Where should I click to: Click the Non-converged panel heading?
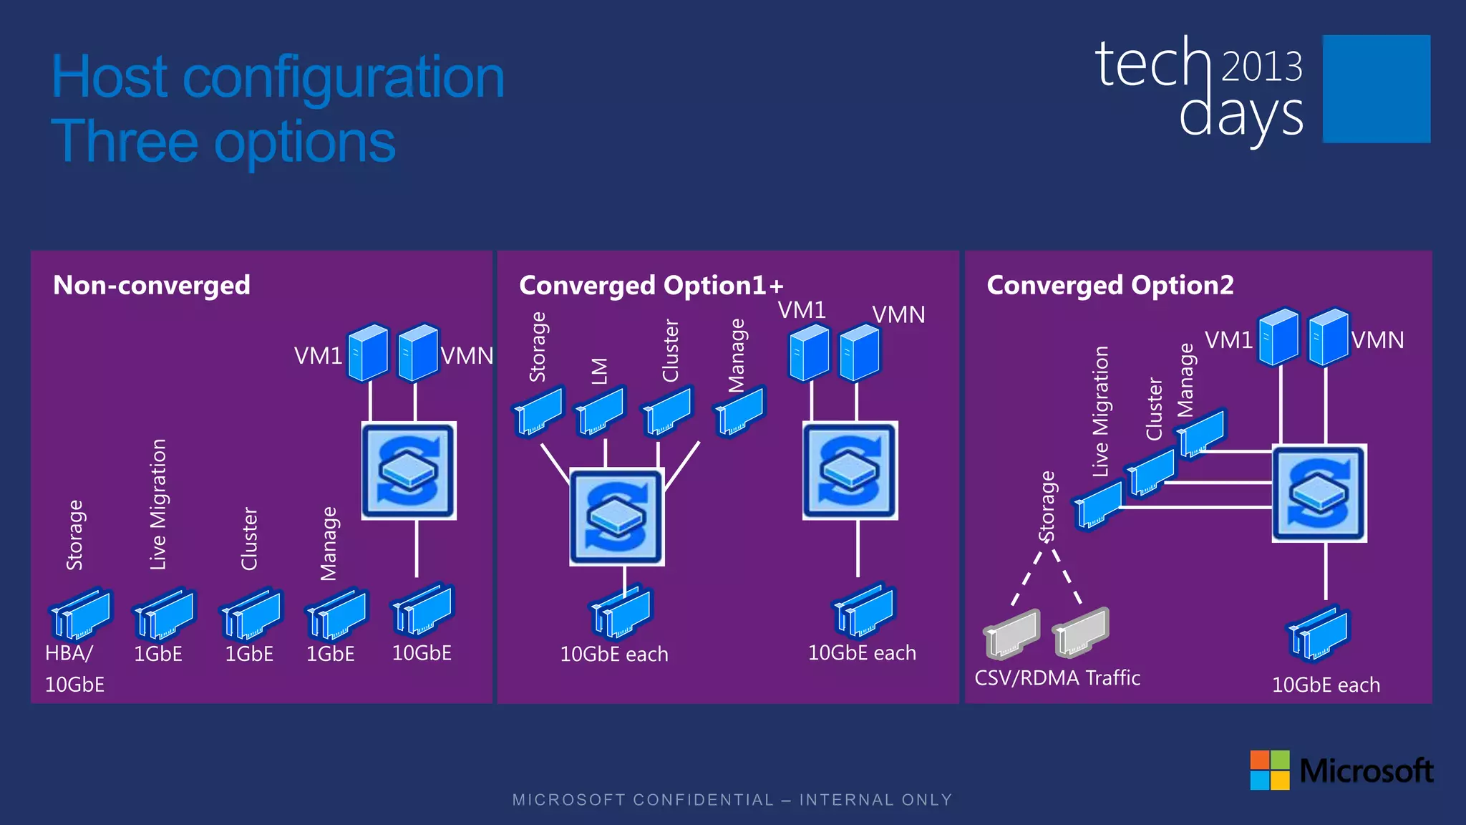coord(152,285)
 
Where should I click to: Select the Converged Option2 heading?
coord(1110,285)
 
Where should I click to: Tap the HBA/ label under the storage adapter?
coord(69,653)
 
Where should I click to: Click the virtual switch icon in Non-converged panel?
coord(409,471)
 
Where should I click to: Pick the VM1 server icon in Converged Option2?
coord(1278,337)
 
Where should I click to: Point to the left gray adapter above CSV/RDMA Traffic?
coord(1012,634)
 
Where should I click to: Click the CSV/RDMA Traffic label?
coord(1057,678)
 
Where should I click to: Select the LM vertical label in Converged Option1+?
coord(600,371)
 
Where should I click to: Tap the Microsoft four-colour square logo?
coord(1269,770)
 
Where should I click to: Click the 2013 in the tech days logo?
coord(1261,67)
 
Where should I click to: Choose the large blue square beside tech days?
coord(1376,89)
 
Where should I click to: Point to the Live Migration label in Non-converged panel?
coord(158,504)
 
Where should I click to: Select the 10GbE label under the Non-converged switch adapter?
coord(422,653)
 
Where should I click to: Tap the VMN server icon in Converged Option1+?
coord(859,353)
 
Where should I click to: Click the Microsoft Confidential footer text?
coord(732,800)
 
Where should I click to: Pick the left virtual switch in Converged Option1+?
coord(616,516)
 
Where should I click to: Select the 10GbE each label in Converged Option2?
coord(1326,685)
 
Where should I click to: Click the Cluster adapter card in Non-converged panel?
coord(251,614)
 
